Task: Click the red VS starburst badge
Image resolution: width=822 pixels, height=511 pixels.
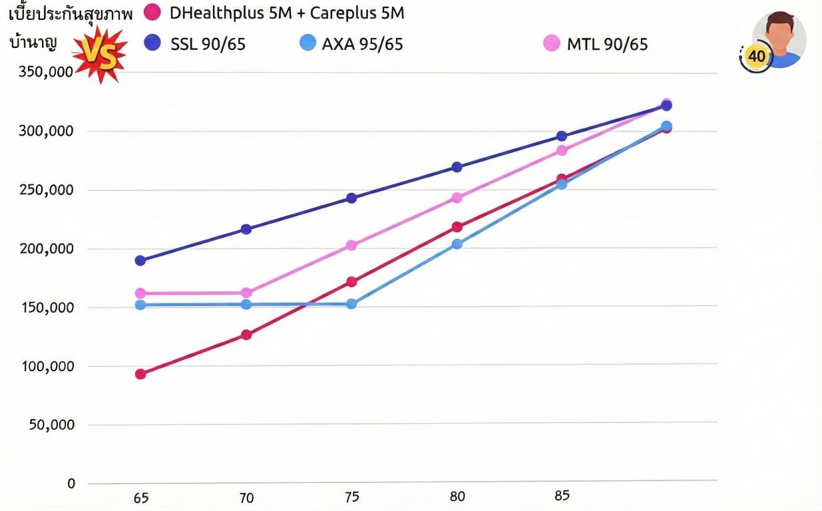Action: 99,55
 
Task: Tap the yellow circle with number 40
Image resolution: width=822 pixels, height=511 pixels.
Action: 756,57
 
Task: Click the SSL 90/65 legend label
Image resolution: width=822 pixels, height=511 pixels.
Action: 208,45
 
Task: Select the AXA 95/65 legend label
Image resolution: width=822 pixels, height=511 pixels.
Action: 362,45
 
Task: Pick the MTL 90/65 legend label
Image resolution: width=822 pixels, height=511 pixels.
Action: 607,45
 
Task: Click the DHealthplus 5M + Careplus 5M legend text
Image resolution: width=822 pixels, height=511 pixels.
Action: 287,13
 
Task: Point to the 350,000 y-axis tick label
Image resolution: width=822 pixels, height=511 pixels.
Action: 46,72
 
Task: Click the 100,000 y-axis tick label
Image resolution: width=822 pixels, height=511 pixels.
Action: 48,366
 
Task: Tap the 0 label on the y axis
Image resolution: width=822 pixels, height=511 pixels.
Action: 71,484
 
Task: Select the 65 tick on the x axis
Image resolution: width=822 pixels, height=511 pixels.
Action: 141,498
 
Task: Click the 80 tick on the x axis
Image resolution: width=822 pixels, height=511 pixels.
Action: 457,496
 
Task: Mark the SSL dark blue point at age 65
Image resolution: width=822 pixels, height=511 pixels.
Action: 140,260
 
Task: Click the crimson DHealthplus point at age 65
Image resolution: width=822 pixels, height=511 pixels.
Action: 140,374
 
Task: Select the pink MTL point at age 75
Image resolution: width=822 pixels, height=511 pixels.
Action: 351,246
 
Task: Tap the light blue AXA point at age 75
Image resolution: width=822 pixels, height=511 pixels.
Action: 351,303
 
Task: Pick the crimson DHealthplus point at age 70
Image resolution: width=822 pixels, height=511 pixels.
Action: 246,335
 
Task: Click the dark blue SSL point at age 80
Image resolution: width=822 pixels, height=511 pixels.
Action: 457,167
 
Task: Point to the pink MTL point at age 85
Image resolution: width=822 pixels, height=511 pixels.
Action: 562,150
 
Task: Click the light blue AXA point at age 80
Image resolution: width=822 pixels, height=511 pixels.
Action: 457,244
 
